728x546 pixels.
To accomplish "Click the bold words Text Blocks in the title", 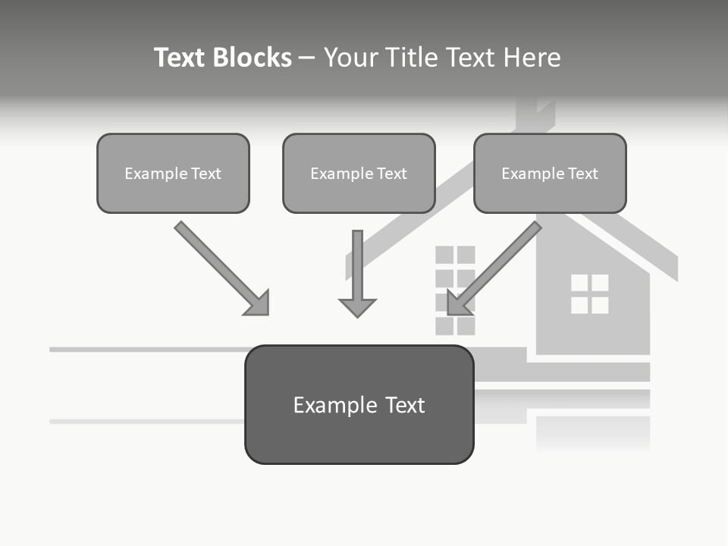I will coord(222,58).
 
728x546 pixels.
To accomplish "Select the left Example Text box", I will coord(173,174).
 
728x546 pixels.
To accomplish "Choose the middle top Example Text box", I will coord(359,174).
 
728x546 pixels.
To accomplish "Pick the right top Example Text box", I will coord(550,174).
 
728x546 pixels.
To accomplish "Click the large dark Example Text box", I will coord(359,405).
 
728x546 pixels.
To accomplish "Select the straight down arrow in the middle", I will coord(357,269).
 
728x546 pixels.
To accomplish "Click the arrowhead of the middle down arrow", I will coord(357,307).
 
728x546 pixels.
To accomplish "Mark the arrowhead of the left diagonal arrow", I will coord(258,303).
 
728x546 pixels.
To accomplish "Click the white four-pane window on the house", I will coord(589,294).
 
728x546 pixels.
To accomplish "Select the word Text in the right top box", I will coord(583,174).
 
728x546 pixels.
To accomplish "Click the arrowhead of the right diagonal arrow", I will coord(458,303).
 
